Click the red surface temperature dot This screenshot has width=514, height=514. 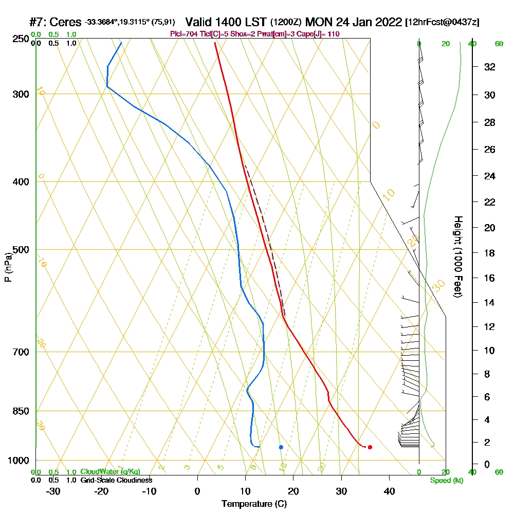pyautogui.click(x=370, y=447)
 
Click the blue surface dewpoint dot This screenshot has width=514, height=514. pyautogui.click(x=281, y=447)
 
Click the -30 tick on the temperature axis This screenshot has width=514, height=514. pyautogui.click(x=53, y=491)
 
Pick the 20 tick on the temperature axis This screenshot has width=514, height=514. pyautogui.click(x=293, y=491)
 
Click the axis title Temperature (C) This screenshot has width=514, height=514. pyautogui.click(x=254, y=504)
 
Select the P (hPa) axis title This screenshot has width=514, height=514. pyautogui.click(x=8, y=267)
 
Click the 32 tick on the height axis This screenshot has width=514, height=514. pyautogui.click(x=489, y=67)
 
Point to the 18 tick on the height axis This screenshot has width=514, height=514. pyautogui.click(x=489, y=253)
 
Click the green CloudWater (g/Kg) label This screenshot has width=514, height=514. pyautogui.click(x=110, y=472)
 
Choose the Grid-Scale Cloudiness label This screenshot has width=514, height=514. pyautogui.click(x=116, y=480)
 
